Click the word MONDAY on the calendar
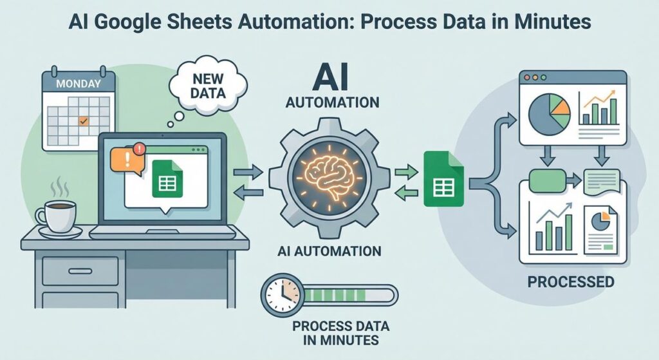pos(78,83)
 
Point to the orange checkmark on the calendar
pos(82,120)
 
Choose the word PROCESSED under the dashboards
pos(570,281)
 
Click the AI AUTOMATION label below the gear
pos(329,251)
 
